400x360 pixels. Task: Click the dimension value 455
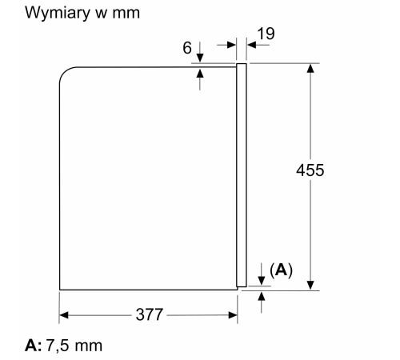[310, 170]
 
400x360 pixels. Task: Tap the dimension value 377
[150, 314]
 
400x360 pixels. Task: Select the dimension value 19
[266, 34]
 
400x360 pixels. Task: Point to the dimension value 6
[187, 48]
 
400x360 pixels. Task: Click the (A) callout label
[281, 270]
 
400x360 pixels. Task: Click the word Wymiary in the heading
[58, 13]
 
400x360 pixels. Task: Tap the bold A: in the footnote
[34, 346]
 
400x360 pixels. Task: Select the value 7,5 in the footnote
[58, 346]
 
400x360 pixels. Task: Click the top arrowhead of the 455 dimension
[310, 68]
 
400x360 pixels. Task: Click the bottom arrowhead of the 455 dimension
[310, 286]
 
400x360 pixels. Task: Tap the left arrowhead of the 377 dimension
[64, 315]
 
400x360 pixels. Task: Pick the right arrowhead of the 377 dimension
[233, 315]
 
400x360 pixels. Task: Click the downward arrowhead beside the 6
[200, 58]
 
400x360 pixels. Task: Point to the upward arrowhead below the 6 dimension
[200, 73]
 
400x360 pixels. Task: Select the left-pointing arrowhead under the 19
[251, 45]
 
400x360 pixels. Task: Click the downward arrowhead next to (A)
[262, 281]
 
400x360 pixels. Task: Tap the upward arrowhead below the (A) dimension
[262, 296]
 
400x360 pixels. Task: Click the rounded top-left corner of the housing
[64, 71]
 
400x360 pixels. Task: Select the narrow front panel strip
[242, 175]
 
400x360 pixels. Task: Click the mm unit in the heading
[126, 14]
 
